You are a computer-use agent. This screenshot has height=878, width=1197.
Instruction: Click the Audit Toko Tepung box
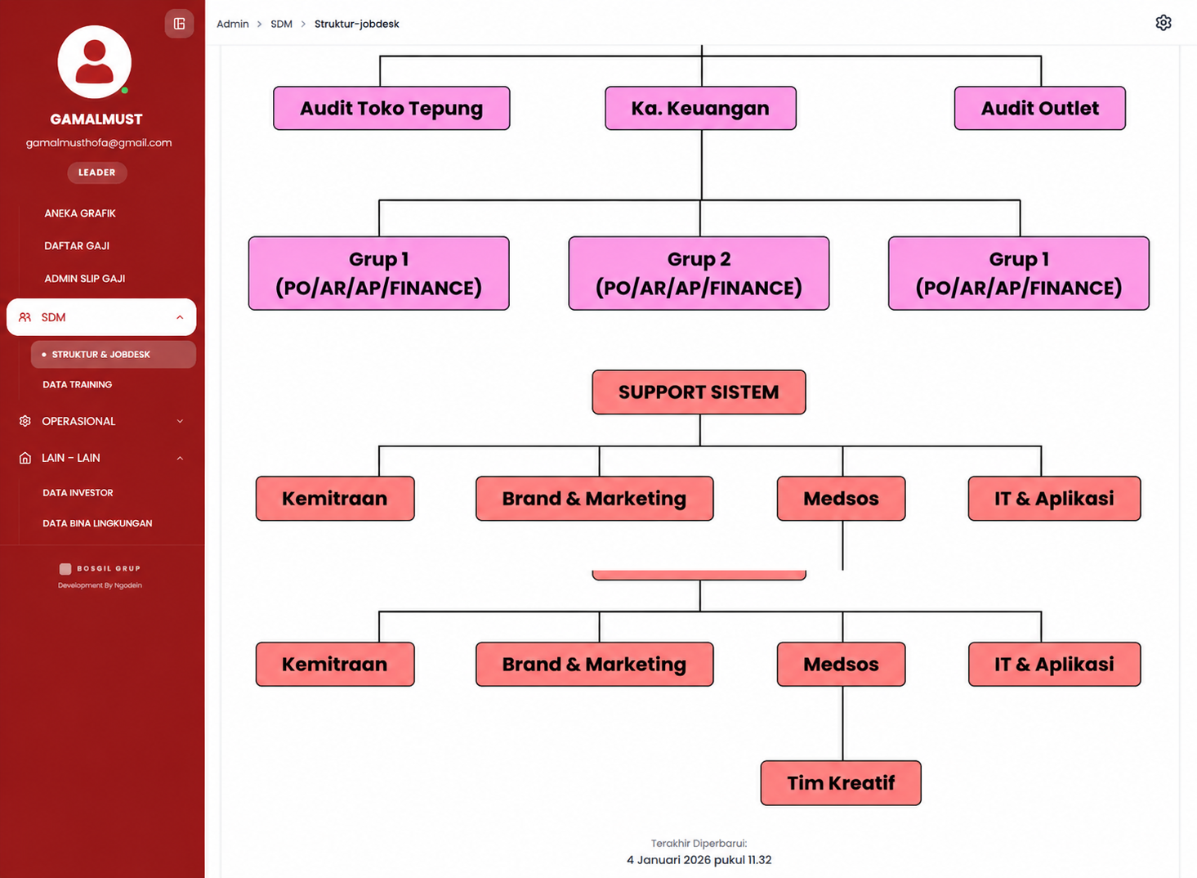pyautogui.click(x=391, y=108)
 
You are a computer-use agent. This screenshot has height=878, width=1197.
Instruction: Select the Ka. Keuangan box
pyautogui.click(x=700, y=108)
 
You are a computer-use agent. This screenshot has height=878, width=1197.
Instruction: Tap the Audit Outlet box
pyautogui.click(x=1039, y=108)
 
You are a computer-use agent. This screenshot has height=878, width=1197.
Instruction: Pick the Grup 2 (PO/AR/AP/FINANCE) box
pyautogui.click(x=699, y=273)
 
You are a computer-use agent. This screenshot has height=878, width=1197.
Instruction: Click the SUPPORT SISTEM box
pyautogui.click(x=699, y=392)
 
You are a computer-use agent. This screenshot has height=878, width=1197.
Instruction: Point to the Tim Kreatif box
pyautogui.click(x=841, y=783)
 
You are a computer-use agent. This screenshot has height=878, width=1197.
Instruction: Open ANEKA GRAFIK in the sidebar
pyautogui.click(x=79, y=213)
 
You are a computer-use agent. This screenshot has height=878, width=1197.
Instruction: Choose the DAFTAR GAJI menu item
pyautogui.click(x=77, y=246)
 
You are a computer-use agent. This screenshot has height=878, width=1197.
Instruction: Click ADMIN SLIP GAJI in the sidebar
pyautogui.click(x=84, y=279)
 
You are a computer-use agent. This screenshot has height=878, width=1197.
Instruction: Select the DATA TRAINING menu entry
pyautogui.click(x=77, y=384)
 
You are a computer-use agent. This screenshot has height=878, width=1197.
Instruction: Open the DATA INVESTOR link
pyautogui.click(x=78, y=492)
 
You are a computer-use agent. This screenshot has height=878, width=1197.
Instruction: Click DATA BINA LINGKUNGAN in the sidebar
pyautogui.click(x=97, y=523)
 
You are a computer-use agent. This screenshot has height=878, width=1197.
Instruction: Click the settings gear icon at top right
pyautogui.click(x=1163, y=23)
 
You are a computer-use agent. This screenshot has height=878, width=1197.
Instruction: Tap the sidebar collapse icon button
pyautogui.click(x=179, y=24)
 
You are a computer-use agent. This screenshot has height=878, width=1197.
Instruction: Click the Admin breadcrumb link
pyautogui.click(x=232, y=24)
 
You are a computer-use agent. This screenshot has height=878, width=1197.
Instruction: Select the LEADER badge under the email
pyautogui.click(x=96, y=172)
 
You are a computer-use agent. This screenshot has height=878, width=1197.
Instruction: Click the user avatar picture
pyautogui.click(x=95, y=62)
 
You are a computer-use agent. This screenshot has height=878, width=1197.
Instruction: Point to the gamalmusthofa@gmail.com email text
pyautogui.click(x=99, y=143)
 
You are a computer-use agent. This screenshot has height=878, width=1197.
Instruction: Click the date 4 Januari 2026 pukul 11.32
pyautogui.click(x=699, y=860)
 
